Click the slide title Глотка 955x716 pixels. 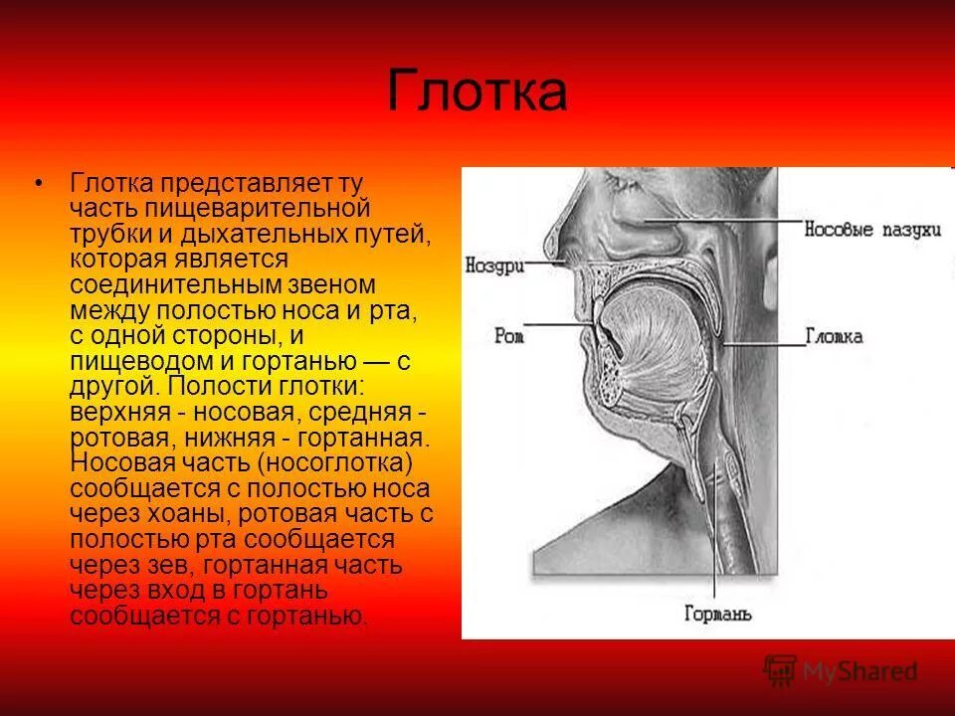pyautogui.click(x=477, y=92)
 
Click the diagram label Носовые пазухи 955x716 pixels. pyautogui.click(x=872, y=229)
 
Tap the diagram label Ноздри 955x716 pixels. pyautogui.click(x=494, y=266)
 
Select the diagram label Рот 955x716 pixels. pyautogui.click(x=508, y=336)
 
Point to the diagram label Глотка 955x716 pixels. pyautogui.click(x=834, y=336)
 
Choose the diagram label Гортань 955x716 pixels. pyautogui.click(x=718, y=614)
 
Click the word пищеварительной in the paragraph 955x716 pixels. pyautogui.click(x=259, y=210)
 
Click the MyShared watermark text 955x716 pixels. pyautogui.click(x=859, y=672)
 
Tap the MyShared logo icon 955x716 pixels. pyautogui.click(x=780, y=671)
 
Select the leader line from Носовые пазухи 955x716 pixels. pyautogui.click(x=726, y=220)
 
